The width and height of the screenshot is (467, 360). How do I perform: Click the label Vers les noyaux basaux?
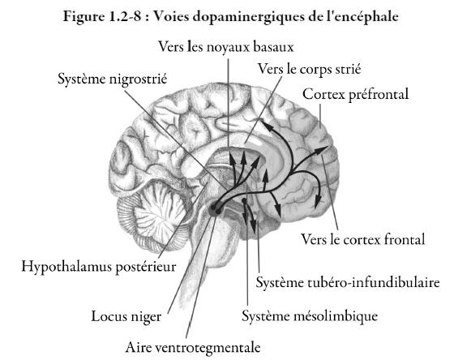225,47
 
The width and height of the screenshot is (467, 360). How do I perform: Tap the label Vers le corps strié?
309,69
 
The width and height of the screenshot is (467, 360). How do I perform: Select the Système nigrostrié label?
112,79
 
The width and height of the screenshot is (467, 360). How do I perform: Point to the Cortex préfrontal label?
355,94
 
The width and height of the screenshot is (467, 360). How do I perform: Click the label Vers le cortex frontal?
362,239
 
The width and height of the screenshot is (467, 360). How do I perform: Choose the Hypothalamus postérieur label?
99,266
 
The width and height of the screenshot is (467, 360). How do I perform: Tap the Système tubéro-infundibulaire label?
348,282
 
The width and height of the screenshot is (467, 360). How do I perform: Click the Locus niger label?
126,316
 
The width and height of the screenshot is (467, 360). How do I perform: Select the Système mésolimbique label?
310,316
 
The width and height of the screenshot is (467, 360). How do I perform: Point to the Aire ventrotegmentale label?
193,347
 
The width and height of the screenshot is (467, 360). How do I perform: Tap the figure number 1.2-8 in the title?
124,17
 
